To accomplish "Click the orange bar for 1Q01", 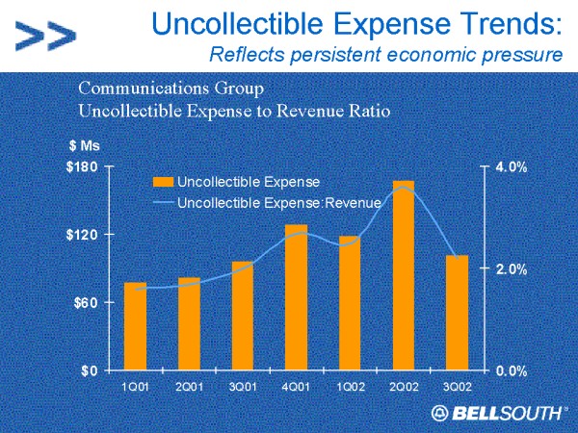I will pos(136,326).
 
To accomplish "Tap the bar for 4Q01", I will pos(296,297).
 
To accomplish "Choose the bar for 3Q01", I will pos(243,316).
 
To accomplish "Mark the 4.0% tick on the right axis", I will pos(511,167).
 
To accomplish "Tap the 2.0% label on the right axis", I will pos(511,269).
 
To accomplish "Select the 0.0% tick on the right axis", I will pos(511,369).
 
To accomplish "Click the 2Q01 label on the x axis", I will pos(189,387).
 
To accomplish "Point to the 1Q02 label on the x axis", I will pos(349,387).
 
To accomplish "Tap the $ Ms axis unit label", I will pos(84,145).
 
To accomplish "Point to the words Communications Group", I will pos(170,89).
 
